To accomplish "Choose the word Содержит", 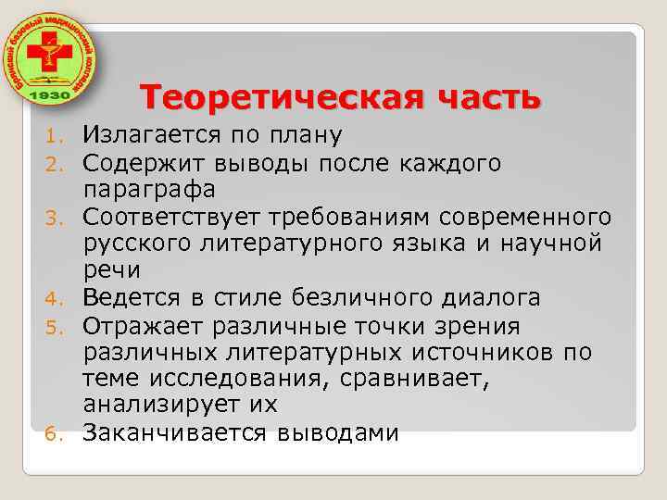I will [135, 163].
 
